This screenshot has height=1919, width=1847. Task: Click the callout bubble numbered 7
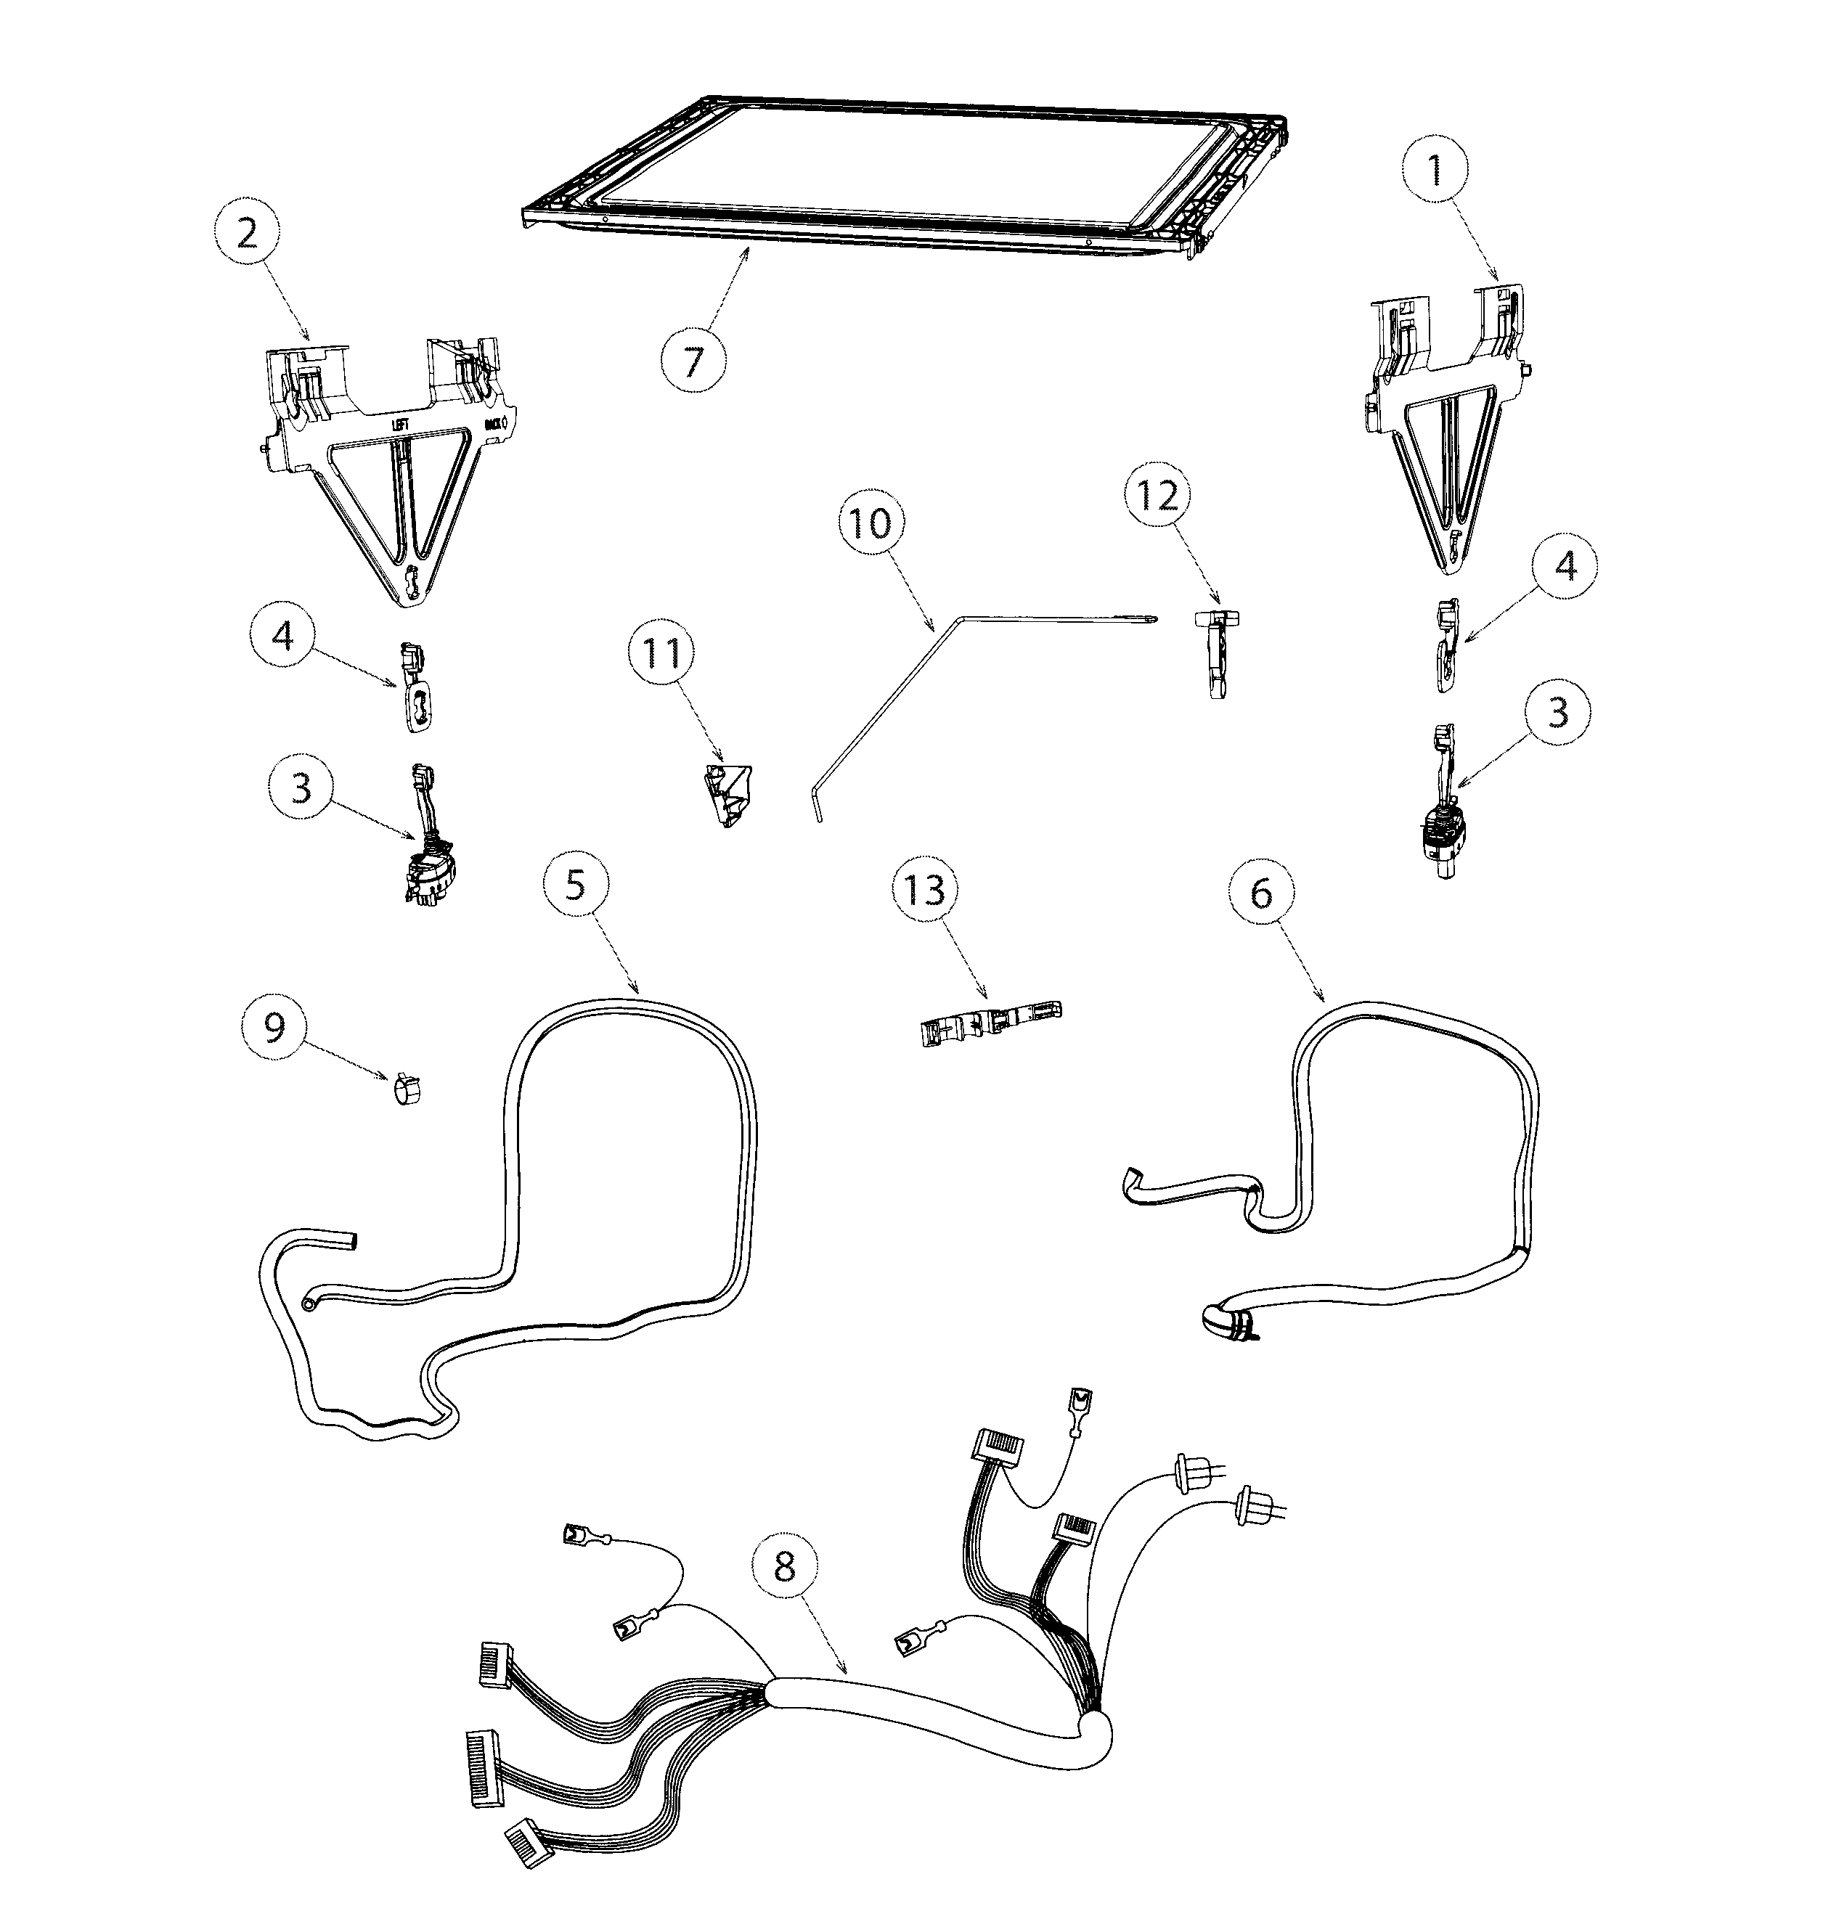click(x=693, y=361)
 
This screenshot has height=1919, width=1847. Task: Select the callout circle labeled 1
click(x=1435, y=171)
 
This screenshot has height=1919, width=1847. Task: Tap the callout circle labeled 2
click(x=247, y=234)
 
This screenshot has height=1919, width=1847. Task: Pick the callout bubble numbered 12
click(x=1156, y=497)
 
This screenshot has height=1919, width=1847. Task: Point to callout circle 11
click(x=661, y=654)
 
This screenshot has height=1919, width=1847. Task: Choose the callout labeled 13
click(x=924, y=890)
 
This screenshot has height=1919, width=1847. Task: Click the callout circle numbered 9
click(x=275, y=1028)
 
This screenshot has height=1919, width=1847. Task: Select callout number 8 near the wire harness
click(x=784, y=1568)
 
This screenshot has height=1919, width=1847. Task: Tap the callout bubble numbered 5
click(x=575, y=884)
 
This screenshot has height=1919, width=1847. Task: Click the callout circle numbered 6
click(x=1261, y=893)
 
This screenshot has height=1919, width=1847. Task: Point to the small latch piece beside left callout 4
click(x=415, y=687)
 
